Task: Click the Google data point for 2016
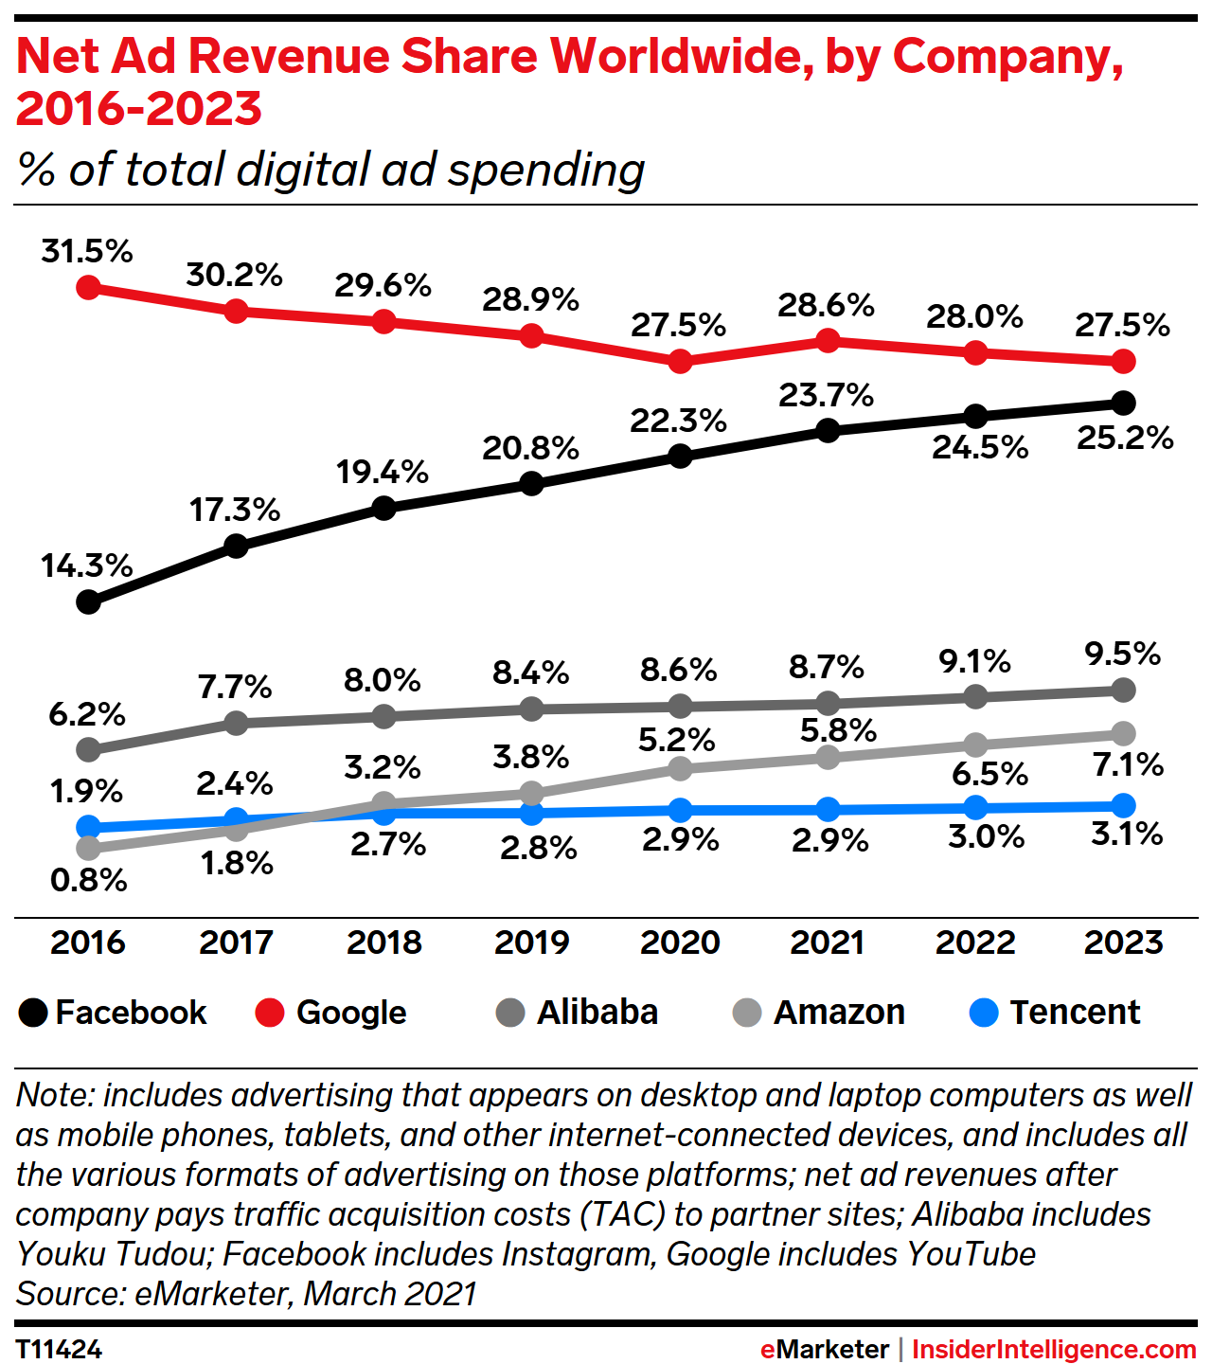[x=88, y=287]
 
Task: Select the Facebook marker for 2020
[x=679, y=456]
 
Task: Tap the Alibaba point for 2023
[x=1123, y=690]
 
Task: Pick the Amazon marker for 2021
[x=828, y=757]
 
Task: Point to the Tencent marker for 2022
[x=975, y=807]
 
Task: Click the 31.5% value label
[x=87, y=251]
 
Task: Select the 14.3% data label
[x=87, y=565]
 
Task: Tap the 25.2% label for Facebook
[x=1125, y=438]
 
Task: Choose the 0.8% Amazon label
[x=89, y=880]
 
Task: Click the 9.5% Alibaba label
[x=1123, y=653]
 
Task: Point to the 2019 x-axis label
[x=531, y=942]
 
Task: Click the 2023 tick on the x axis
[x=1123, y=942]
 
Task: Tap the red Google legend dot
[x=270, y=1013]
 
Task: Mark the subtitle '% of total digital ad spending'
[x=330, y=170]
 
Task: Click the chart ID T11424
[x=59, y=1349]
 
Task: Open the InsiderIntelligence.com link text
[x=1054, y=1349]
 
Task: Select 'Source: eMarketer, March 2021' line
[x=246, y=1293]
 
